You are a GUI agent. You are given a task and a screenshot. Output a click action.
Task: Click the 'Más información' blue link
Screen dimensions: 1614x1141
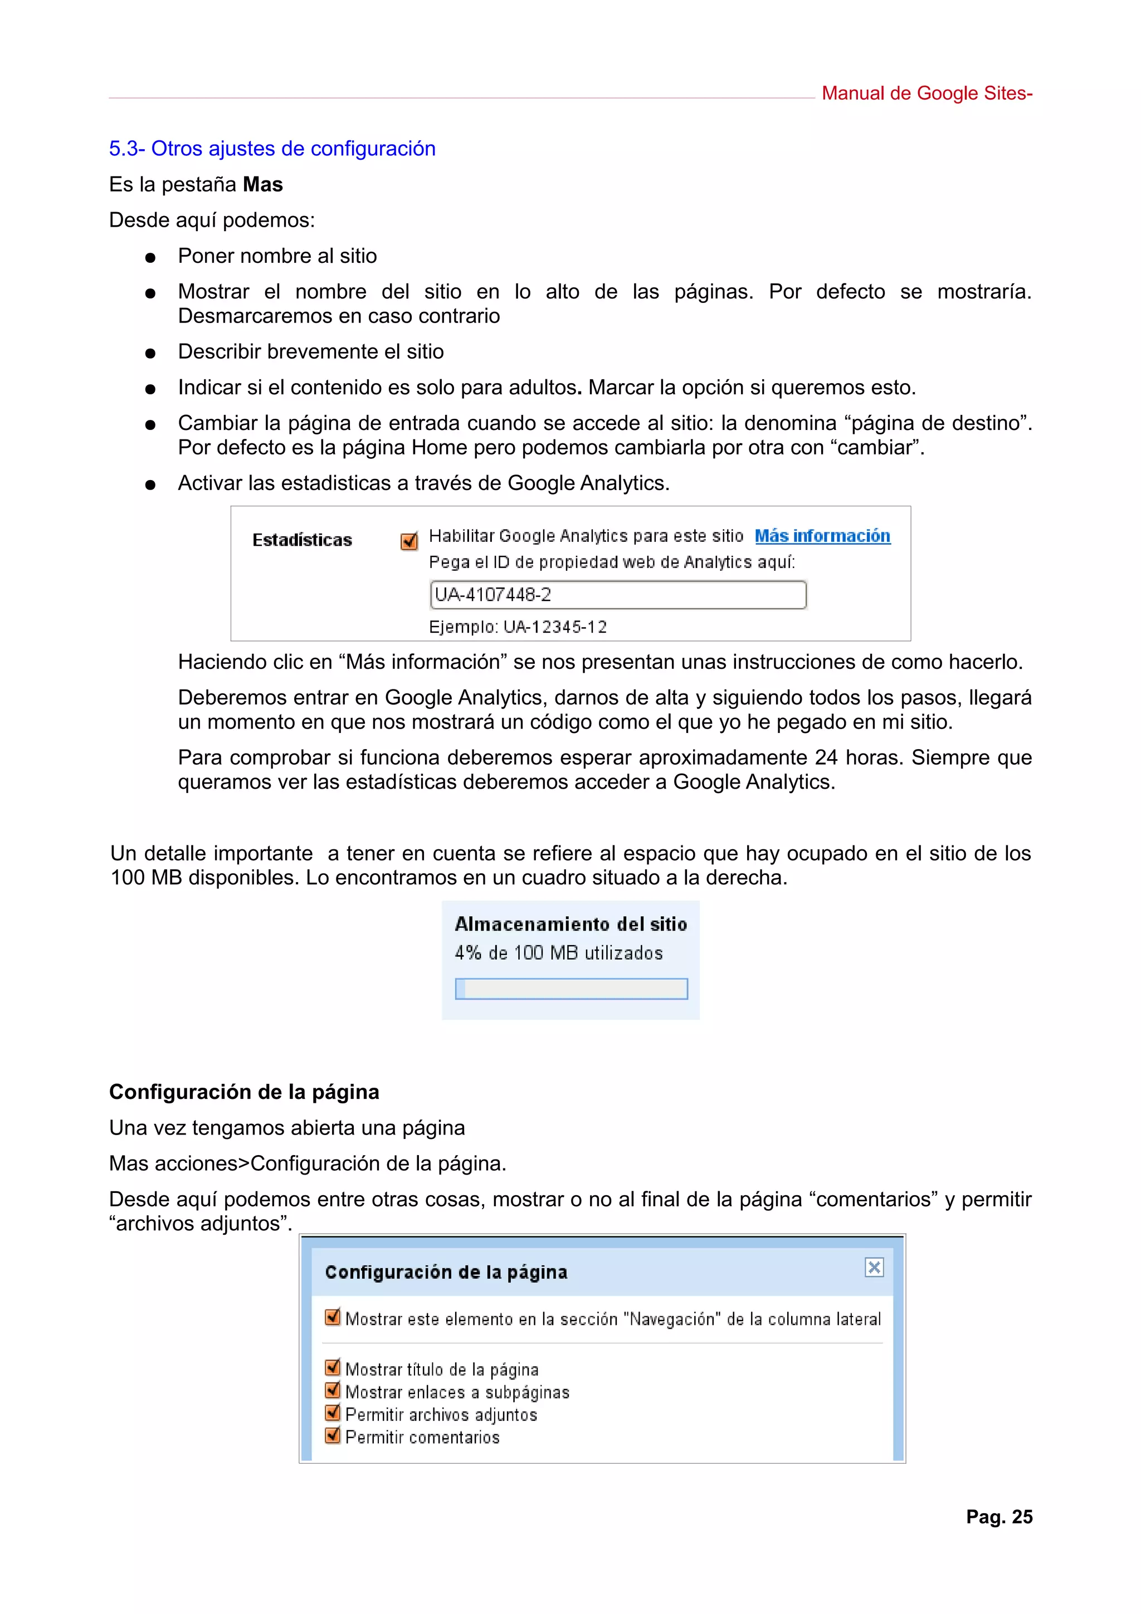[822, 536]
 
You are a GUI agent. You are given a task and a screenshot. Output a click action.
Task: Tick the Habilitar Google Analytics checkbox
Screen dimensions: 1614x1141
[408, 541]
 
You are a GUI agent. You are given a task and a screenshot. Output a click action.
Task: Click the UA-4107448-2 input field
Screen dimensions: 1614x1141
[617, 595]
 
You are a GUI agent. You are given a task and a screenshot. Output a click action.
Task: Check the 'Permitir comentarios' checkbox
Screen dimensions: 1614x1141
[333, 1435]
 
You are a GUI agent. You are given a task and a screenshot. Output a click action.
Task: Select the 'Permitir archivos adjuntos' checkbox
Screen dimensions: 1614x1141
[333, 1412]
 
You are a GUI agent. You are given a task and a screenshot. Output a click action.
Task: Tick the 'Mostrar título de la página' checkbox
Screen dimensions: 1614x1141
[333, 1367]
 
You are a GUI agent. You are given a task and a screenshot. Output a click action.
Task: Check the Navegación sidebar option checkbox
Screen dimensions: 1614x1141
[333, 1317]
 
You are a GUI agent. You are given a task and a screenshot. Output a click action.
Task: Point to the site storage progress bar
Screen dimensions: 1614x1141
[571, 989]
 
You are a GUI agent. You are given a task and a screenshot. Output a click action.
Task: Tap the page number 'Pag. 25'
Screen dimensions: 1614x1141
[998, 1517]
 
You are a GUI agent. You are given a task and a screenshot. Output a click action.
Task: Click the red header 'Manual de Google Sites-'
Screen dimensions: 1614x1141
[927, 94]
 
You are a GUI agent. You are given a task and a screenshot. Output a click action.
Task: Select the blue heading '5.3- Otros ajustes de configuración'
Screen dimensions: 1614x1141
[272, 148]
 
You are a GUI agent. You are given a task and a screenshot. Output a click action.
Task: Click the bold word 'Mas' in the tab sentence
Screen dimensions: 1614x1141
[262, 184]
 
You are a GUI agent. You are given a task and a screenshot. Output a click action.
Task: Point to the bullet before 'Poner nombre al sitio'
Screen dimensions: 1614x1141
[150, 258]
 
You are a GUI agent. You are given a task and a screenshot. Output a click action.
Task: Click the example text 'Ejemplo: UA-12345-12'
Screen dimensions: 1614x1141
[518, 627]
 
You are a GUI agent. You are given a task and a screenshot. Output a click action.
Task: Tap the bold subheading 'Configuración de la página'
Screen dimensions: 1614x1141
[244, 1092]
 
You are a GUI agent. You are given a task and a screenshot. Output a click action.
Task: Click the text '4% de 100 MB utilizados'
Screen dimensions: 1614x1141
[558, 952]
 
